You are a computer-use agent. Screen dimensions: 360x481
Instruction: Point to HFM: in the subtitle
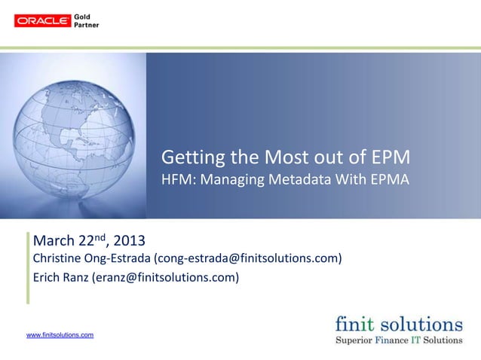click(179, 181)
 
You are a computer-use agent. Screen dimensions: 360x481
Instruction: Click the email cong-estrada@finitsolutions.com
click(248, 260)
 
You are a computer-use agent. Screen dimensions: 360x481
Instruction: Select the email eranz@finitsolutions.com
click(164, 278)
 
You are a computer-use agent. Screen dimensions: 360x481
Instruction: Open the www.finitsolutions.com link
click(60, 334)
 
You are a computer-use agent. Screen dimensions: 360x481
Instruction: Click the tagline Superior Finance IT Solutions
click(399, 340)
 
